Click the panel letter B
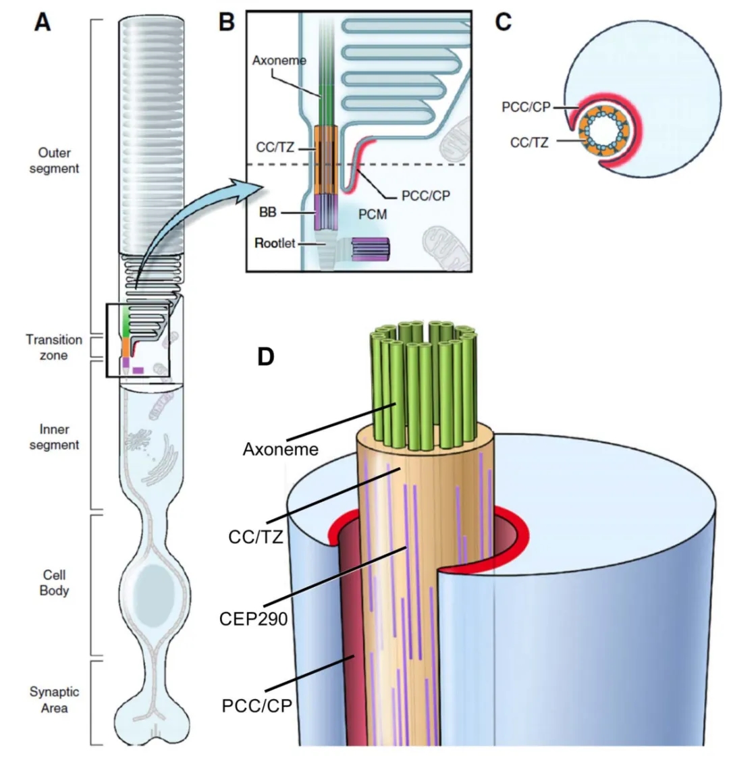click(x=227, y=22)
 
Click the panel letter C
click(x=504, y=22)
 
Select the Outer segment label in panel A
click(x=54, y=161)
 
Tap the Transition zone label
click(x=54, y=347)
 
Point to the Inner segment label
click(x=54, y=437)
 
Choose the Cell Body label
click(x=54, y=583)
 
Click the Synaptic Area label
click(x=54, y=700)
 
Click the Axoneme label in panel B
click(x=279, y=61)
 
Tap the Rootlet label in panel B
click(x=275, y=243)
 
